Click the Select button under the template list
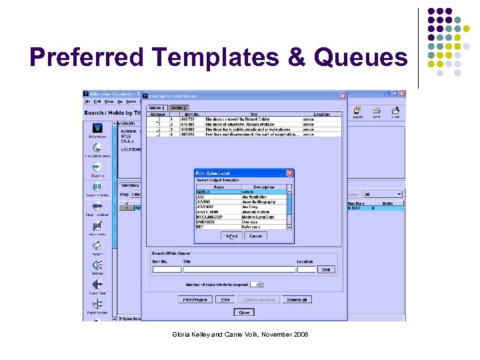point(231,236)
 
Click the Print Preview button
point(196,300)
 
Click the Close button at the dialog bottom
point(244,312)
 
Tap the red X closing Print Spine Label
point(289,173)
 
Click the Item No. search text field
point(167,269)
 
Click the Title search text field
point(238,269)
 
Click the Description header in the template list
point(264,187)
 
